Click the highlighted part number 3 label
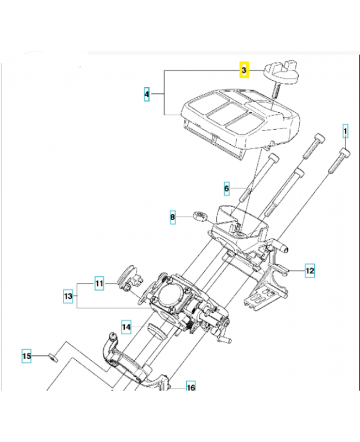pos(243,71)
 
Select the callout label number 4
pos(147,95)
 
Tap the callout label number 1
pos(346,131)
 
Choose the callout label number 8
pos(173,218)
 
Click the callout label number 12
pos(310,271)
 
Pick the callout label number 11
pos(99,284)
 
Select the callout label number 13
pos(68,297)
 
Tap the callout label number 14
pos(126,327)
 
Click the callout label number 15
pos(27,356)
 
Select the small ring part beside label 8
pos(199,215)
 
